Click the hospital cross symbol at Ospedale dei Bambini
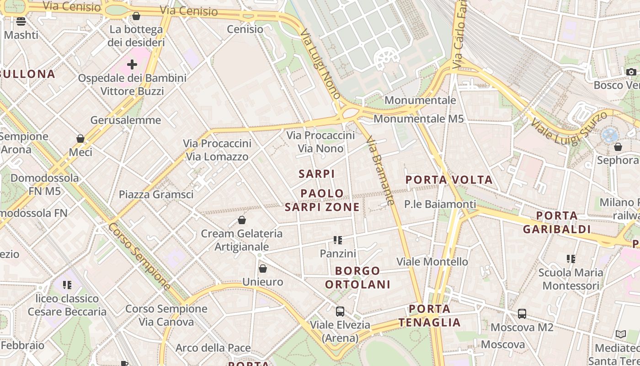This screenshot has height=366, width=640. (132, 65)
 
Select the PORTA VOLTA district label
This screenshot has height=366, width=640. (449, 180)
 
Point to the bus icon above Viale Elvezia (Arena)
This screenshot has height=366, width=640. (340, 312)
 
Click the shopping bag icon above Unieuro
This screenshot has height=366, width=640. (263, 269)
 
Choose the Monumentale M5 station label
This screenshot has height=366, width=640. (419, 119)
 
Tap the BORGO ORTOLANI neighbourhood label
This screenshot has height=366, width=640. (358, 278)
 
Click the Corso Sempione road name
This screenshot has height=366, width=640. (139, 256)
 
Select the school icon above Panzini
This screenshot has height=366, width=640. (338, 240)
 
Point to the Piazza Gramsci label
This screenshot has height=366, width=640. (156, 194)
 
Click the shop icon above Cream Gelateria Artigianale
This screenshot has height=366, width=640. (242, 221)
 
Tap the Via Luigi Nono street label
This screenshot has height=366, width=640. (320, 64)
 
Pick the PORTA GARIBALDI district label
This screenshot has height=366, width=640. (557, 222)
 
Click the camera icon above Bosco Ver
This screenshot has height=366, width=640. (631, 72)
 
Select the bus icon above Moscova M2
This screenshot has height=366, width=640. (522, 314)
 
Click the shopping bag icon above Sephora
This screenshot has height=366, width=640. (618, 147)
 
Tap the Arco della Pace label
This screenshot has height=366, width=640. (213, 348)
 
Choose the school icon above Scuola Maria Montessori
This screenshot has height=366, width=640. (571, 259)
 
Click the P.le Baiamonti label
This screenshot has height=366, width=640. (440, 204)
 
